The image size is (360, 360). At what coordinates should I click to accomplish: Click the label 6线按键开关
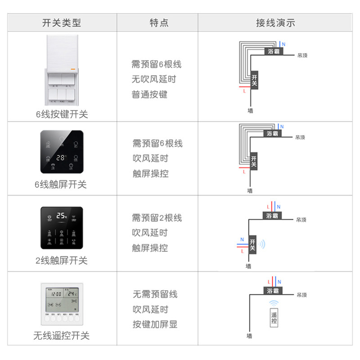point(62,114)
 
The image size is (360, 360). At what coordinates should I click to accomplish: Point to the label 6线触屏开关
point(62,184)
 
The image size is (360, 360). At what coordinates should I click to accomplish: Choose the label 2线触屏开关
point(62,261)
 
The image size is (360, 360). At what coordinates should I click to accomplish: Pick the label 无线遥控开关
point(62,336)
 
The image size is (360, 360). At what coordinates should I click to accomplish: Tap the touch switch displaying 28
point(62,152)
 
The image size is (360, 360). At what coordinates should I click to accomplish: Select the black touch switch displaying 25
point(62,228)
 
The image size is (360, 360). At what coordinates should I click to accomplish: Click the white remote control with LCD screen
point(62,304)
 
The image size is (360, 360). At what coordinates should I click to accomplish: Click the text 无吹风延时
point(154,80)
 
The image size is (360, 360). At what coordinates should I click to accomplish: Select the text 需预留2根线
point(157,218)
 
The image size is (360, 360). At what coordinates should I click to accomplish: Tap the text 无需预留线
point(155,294)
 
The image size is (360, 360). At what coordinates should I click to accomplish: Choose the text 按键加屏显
point(155,324)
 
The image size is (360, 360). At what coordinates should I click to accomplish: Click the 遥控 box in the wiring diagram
point(274,318)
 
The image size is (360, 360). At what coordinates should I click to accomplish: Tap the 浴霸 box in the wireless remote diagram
point(273,291)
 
